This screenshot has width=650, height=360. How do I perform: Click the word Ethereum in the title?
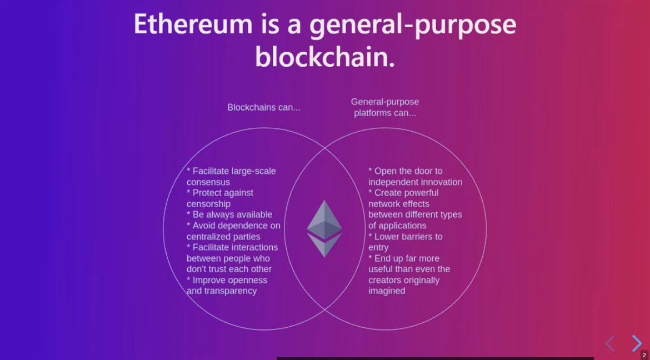pos(193,24)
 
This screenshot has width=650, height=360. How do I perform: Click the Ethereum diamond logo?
pos(324,228)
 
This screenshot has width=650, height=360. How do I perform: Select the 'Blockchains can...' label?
pos(264,107)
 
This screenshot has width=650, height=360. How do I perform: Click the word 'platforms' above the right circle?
pos(371,113)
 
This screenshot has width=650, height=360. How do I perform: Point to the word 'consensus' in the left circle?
pos(208,182)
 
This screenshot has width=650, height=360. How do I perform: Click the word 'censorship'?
pos(208,204)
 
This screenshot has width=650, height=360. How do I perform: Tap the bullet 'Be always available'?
pos(229,215)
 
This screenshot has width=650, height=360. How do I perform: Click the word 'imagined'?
pos(387,291)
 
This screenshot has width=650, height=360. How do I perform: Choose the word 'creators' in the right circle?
pos(383,281)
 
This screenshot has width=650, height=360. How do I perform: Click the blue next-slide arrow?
pos(637,343)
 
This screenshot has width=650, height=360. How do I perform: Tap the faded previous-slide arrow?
pos(610,343)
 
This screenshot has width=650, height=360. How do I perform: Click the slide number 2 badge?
pos(644,354)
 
